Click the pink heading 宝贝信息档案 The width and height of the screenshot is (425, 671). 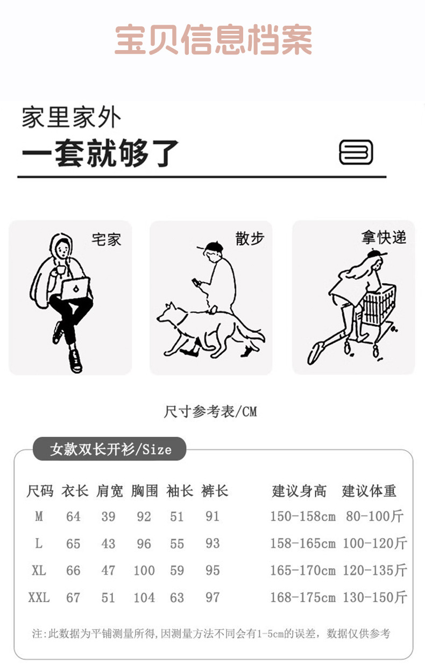[214, 40]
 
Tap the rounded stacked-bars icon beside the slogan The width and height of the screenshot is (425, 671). [356, 152]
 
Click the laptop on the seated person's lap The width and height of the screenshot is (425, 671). [76, 289]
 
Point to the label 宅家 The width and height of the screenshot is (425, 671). [107, 240]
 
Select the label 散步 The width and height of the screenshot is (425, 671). [250, 239]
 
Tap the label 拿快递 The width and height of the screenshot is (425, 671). [384, 237]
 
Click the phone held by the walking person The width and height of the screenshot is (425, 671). [196, 282]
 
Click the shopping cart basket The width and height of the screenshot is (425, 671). [379, 304]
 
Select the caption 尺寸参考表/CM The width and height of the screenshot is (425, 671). [210, 411]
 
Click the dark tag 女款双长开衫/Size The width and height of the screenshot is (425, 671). [110, 449]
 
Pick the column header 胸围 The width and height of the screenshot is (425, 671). [145, 491]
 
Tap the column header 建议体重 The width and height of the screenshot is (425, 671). [369, 491]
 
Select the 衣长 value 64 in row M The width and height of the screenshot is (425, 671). [73, 516]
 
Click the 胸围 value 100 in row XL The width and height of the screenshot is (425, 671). [144, 570]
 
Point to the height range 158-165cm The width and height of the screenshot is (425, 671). [303, 543]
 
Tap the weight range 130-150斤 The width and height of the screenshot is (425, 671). [375, 597]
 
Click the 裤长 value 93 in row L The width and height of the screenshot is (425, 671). [212, 543]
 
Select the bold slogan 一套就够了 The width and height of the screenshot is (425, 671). [100, 153]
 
